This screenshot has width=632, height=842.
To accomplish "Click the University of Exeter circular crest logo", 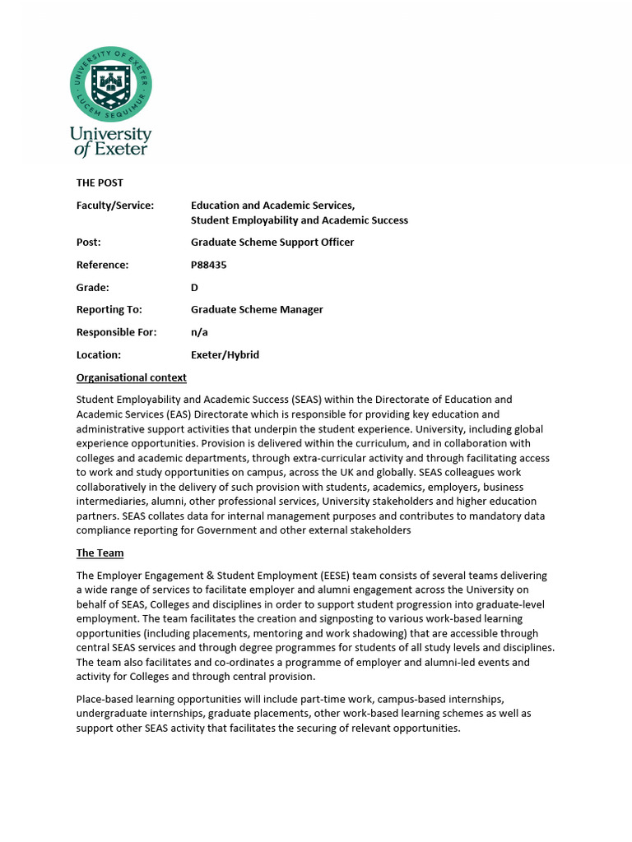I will coord(110,85).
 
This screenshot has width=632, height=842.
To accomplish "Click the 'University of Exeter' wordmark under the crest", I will coord(110,141).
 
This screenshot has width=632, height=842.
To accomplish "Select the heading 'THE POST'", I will coord(100,183).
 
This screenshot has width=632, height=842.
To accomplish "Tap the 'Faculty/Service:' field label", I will coord(115,206).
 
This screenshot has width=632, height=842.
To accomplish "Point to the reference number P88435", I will coord(208,265).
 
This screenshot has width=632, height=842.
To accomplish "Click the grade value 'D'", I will coord(195,288).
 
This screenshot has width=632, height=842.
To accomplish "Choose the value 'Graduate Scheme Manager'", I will coord(257,310).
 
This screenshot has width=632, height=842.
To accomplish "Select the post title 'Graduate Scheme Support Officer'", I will coord(272,243).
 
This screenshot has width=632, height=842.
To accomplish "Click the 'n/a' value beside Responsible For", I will coord(199,332).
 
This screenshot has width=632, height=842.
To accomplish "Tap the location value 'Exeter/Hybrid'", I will coord(225,355).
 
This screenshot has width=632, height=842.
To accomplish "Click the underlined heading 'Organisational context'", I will coord(132,377).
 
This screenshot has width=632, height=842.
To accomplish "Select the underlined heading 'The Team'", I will coord(100,553).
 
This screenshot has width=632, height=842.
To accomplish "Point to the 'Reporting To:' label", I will coord(109,310).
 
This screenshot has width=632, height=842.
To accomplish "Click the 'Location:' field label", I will coord(99,355).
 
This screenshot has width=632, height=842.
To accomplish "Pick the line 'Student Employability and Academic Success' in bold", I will coord(300,220).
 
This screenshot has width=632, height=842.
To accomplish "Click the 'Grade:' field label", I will coord(93,288).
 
